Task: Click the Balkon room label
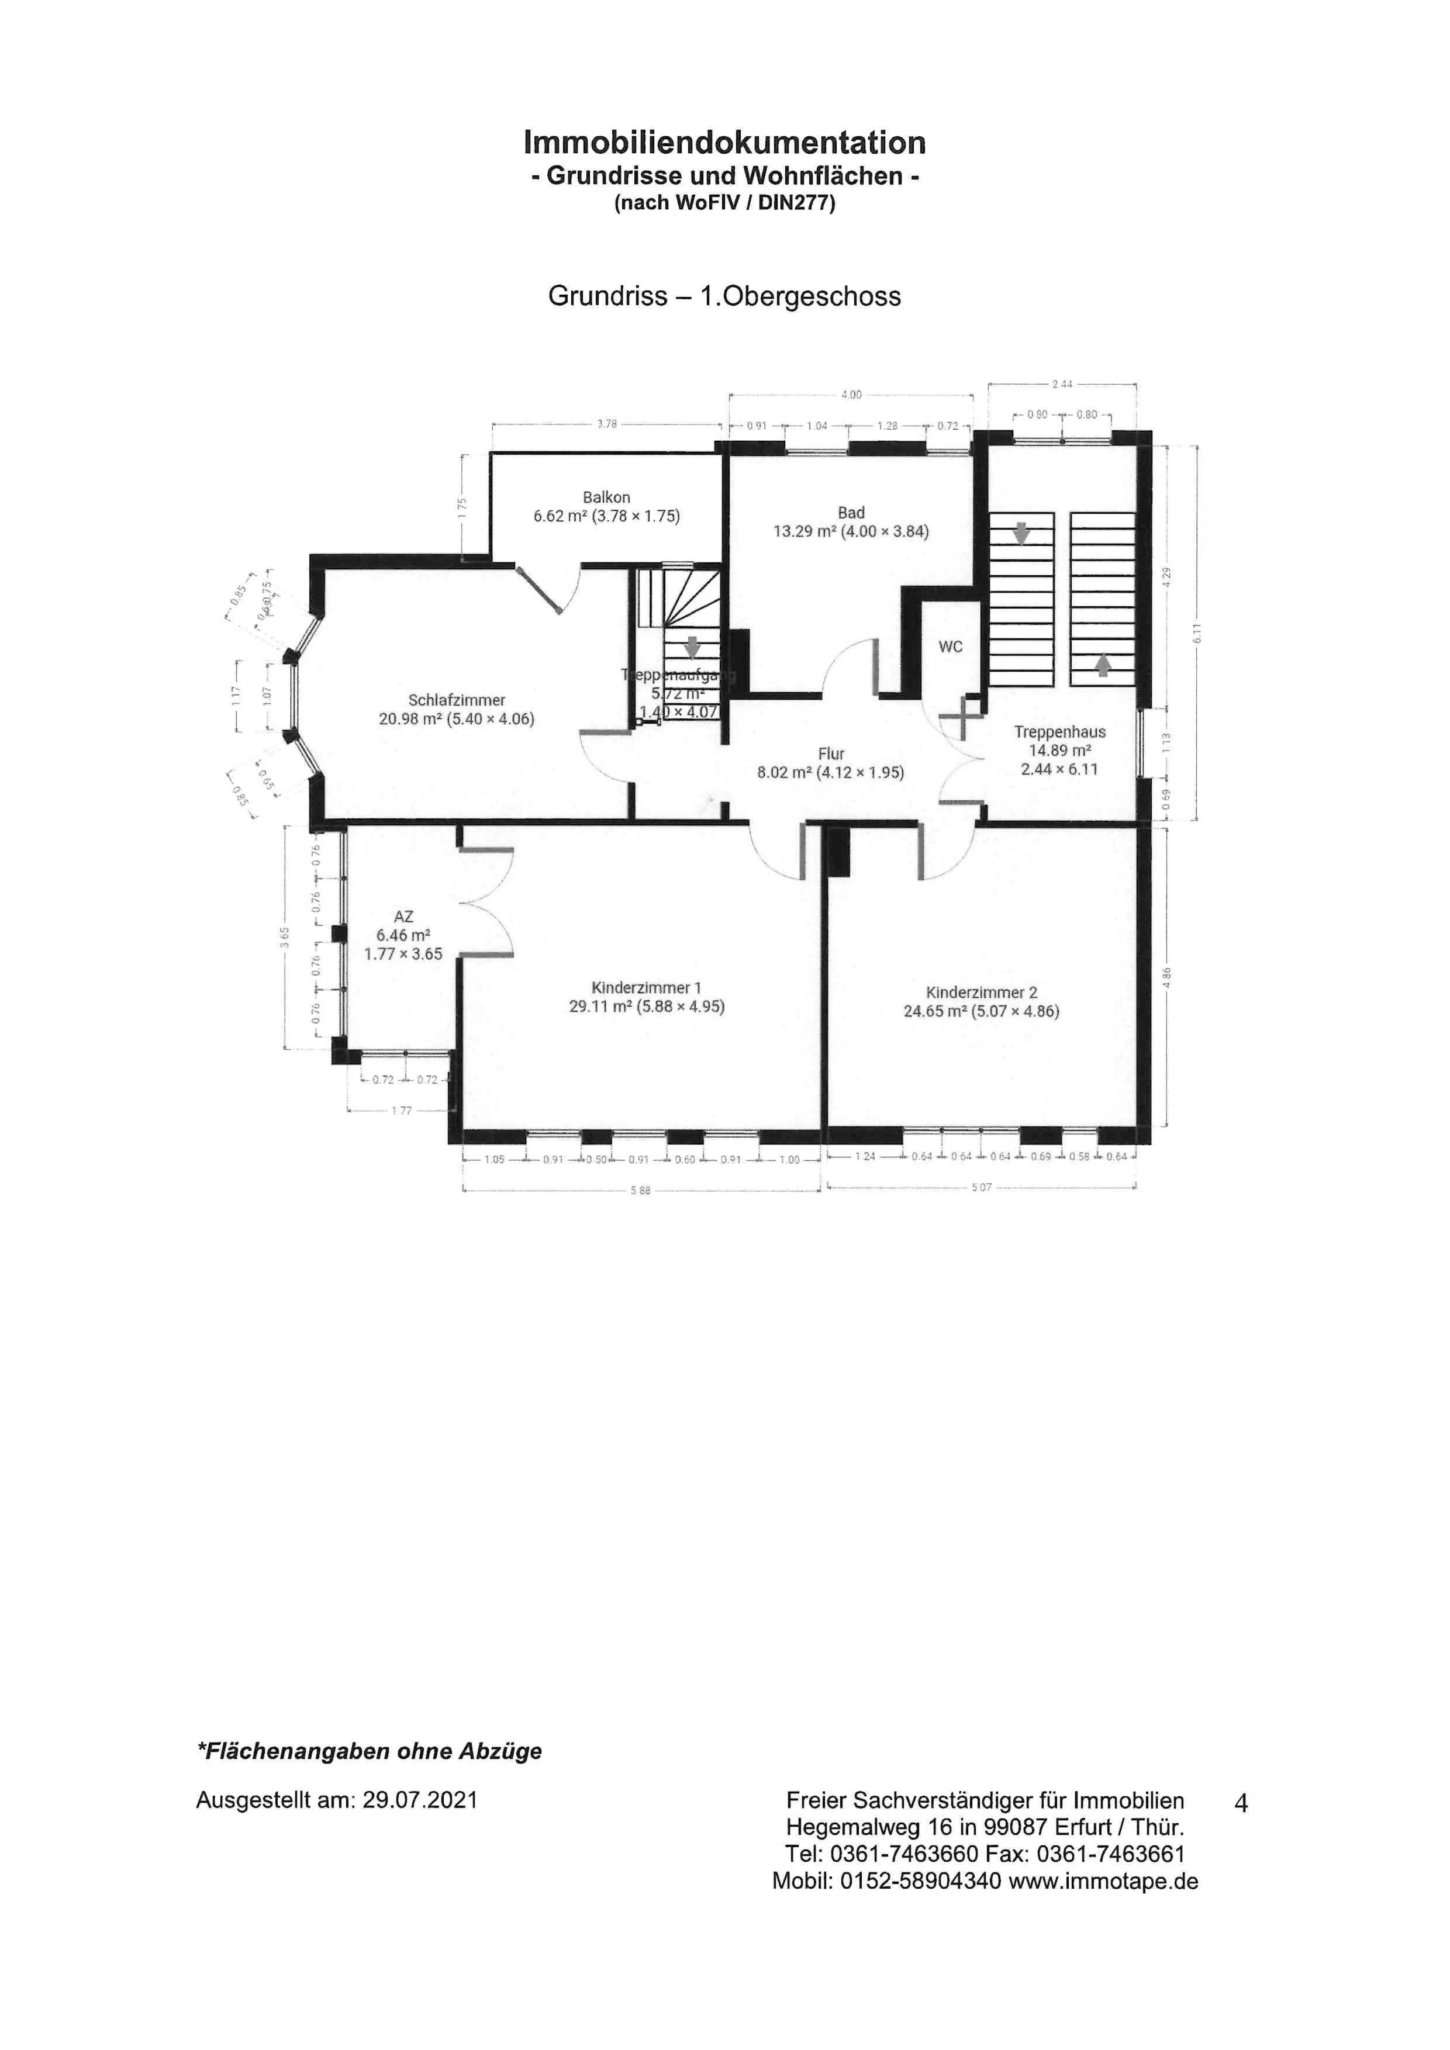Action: point(606,497)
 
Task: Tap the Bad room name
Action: point(851,513)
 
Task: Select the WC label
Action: point(951,647)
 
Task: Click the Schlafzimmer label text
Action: point(457,700)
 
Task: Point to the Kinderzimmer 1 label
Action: point(647,987)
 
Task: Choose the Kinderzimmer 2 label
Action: point(981,992)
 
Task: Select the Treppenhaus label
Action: point(1060,732)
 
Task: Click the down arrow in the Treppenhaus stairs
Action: point(1021,534)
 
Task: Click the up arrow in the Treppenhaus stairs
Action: point(1103,664)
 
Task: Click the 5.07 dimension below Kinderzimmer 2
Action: point(981,1187)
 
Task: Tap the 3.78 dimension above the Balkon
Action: point(606,424)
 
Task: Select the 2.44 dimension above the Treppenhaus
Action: point(1062,384)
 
